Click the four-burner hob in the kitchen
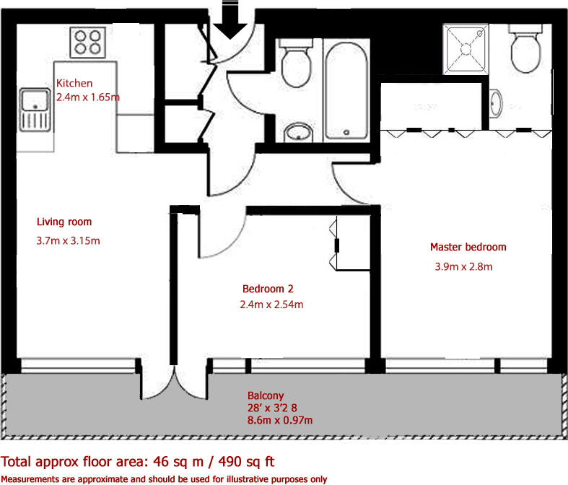click(87, 42)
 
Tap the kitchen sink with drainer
click(35, 110)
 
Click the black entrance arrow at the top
click(230, 20)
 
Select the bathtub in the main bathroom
click(346, 91)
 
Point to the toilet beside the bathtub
click(296, 64)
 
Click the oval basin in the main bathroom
click(299, 132)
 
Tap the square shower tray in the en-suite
click(466, 49)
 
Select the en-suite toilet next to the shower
click(525, 49)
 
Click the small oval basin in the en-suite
click(496, 104)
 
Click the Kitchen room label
click(74, 83)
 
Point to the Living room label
click(64, 222)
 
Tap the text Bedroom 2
click(268, 289)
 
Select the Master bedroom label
click(468, 247)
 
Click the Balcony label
click(266, 396)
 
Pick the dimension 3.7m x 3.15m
click(68, 240)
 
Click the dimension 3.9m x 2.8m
click(463, 266)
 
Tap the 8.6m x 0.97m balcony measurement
click(280, 420)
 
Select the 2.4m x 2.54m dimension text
click(271, 305)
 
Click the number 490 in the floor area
click(230, 462)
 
